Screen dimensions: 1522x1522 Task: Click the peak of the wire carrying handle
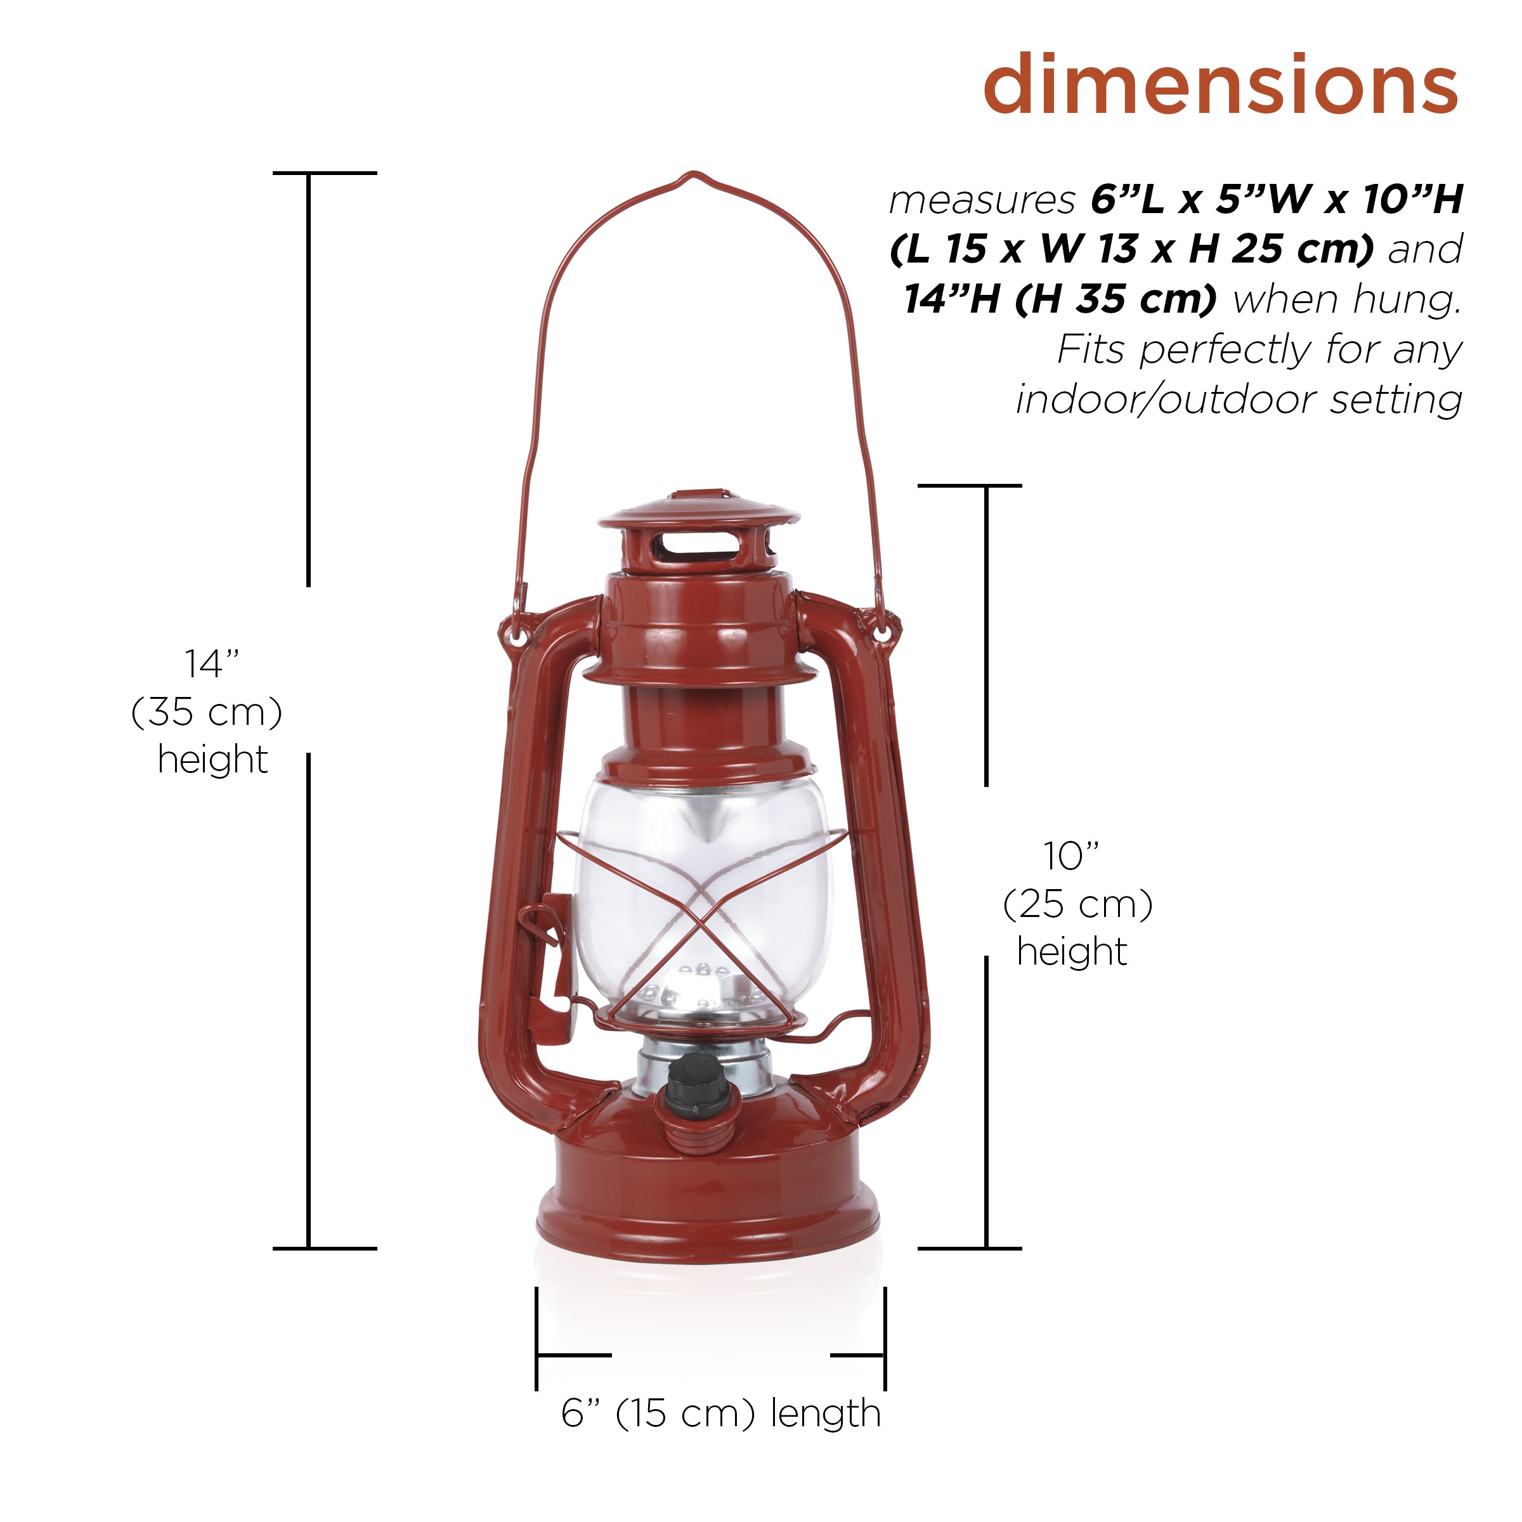coord(692,175)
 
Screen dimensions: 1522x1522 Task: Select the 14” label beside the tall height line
coord(212,663)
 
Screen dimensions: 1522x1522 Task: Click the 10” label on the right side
coord(1071,855)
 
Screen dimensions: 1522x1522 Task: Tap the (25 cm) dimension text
coord(1077,904)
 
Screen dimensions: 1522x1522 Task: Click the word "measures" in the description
coord(982,202)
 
